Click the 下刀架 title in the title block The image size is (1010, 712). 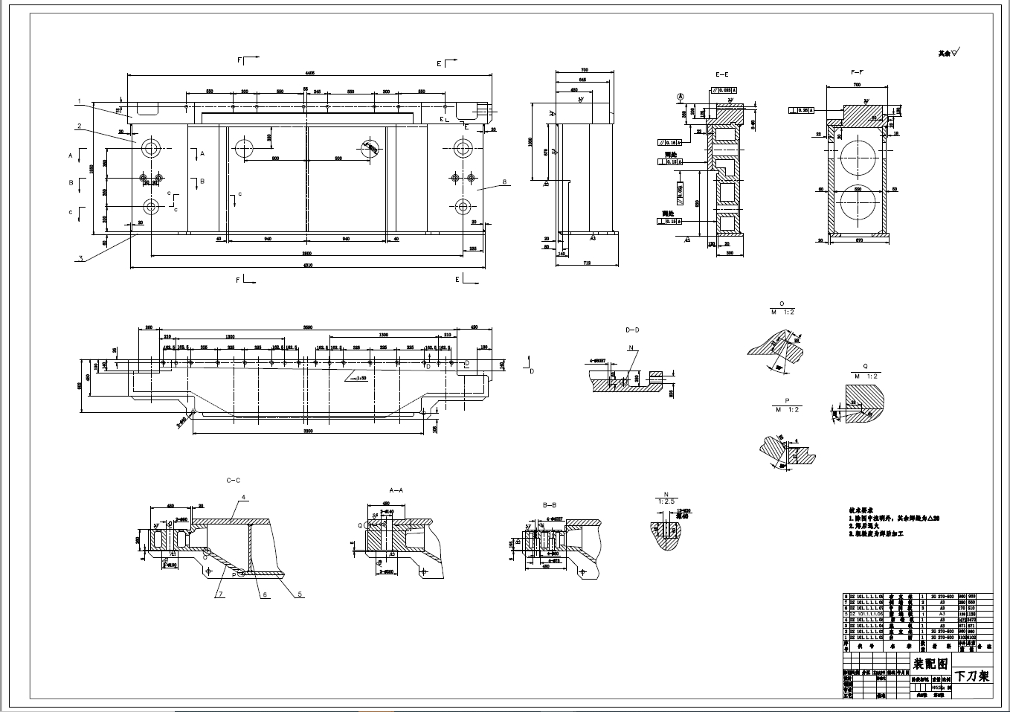972,676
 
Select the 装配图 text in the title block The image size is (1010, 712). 930,664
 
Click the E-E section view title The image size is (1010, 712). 721,75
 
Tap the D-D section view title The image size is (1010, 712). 632,329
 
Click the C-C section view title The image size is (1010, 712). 233,481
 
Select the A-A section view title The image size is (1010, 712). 396,491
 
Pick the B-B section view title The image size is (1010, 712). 551,504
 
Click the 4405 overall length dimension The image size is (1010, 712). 309,73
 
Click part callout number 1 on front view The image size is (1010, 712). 77,100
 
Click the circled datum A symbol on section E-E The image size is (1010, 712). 680,97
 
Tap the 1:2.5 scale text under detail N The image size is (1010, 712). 664,501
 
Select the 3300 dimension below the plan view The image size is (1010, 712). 307,431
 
